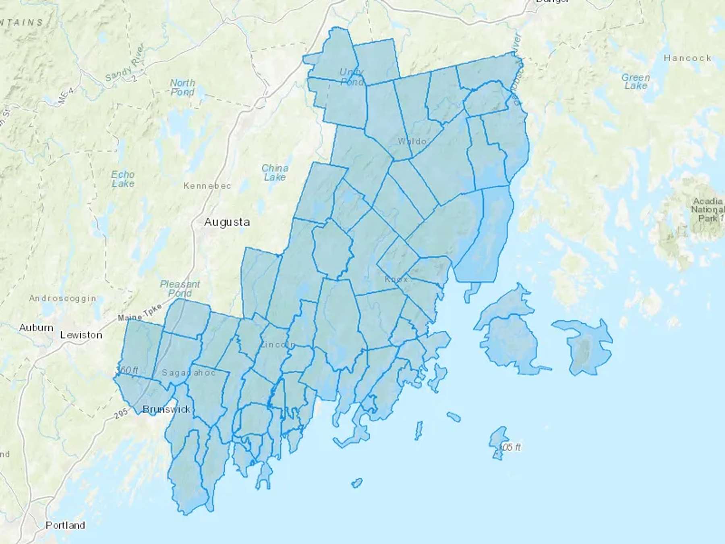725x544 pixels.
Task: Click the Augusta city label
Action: click(227, 222)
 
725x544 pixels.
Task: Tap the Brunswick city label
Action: click(166, 409)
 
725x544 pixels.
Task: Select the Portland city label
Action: click(65, 525)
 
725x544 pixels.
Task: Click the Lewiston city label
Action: click(81, 335)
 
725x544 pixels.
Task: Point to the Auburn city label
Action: click(36, 328)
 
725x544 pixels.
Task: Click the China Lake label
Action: click(275, 172)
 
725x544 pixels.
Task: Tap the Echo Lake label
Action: click(123, 179)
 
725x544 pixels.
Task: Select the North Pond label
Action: click(182, 87)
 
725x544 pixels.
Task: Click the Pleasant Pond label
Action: click(180, 289)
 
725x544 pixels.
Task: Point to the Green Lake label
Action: click(636, 81)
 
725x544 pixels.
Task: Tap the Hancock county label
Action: click(688, 58)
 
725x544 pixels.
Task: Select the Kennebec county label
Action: click(207, 186)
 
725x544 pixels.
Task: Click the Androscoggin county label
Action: click(63, 299)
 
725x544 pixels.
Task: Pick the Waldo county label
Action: click(412, 141)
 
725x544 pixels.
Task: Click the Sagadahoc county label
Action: click(188, 373)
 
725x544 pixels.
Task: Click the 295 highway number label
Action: click(121, 413)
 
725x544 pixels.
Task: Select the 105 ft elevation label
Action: click(510, 447)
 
